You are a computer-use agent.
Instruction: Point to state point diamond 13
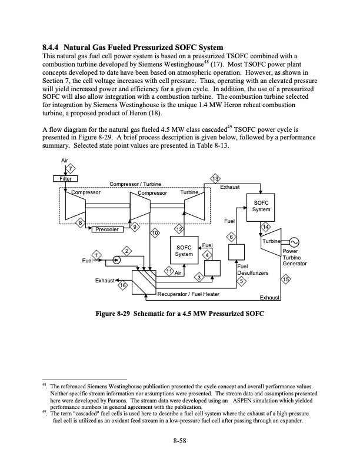pos(216,179)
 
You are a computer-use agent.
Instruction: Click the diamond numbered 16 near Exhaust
pos(123,285)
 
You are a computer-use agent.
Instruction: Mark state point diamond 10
pos(155,234)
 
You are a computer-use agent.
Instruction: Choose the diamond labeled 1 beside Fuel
pos(98,254)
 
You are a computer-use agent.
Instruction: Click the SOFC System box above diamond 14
pos(261,206)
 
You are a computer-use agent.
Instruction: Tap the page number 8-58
pos(179,444)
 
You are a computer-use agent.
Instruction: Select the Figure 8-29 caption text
pos(180,312)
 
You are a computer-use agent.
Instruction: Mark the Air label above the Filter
pos(64,159)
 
